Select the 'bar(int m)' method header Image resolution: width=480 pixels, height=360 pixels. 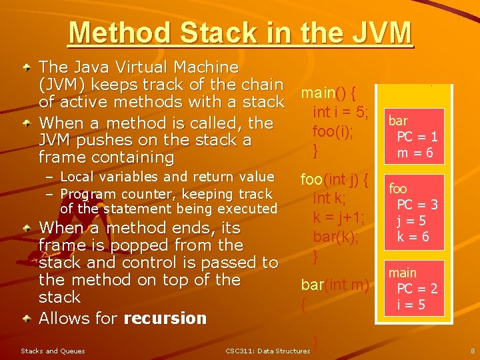click(x=335, y=285)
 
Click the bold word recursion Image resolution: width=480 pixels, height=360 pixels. click(x=165, y=318)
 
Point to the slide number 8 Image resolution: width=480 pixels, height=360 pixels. click(x=472, y=351)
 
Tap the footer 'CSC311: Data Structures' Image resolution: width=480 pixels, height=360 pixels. click(x=268, y=351)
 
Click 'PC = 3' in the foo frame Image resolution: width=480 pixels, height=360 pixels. click(x=417, y=205)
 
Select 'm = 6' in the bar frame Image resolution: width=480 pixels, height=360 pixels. click(x=415, y=153)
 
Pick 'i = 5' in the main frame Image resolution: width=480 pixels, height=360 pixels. click(x=411, y=305)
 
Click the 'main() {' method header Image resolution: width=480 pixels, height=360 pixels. click(x=328, y=91)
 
